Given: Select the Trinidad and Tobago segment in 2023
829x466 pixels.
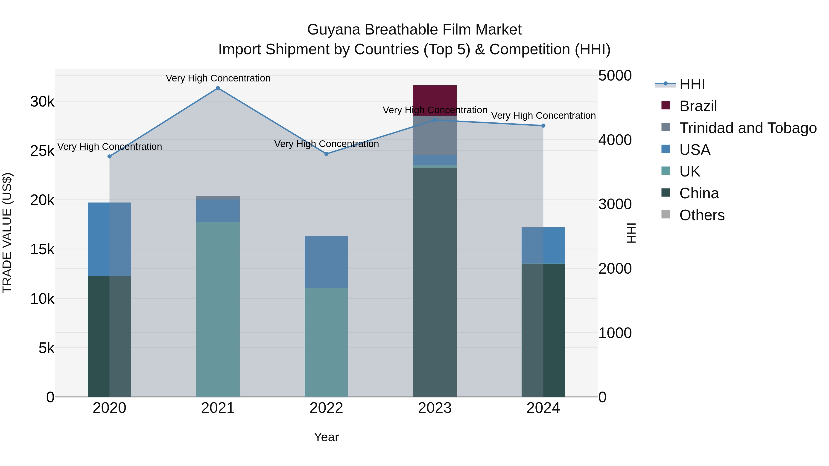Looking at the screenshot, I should (x=435, y=135).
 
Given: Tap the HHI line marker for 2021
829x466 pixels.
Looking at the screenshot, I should (x=218, y=88).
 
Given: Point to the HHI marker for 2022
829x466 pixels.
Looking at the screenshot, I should (x=326, y=154).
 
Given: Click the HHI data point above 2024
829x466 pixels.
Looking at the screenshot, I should (x=543, y=126).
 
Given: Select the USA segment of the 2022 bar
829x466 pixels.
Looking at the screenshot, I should (x=326, y=262).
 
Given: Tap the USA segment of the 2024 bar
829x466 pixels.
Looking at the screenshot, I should (x=543, y=246).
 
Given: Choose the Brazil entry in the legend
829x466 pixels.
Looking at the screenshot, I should (x=698, y=106).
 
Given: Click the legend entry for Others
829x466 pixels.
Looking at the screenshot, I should (x=702, y=215).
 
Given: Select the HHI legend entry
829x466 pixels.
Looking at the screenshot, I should (x=692, y=84).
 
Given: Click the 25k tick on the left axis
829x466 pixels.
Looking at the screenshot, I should (x=42, y=151).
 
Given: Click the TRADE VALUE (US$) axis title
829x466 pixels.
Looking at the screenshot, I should (x=7, y=233).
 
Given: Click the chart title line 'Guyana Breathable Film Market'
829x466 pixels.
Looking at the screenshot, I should (x=414, y=30).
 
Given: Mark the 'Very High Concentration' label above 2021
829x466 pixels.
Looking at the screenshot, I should (x=218, y=78).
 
